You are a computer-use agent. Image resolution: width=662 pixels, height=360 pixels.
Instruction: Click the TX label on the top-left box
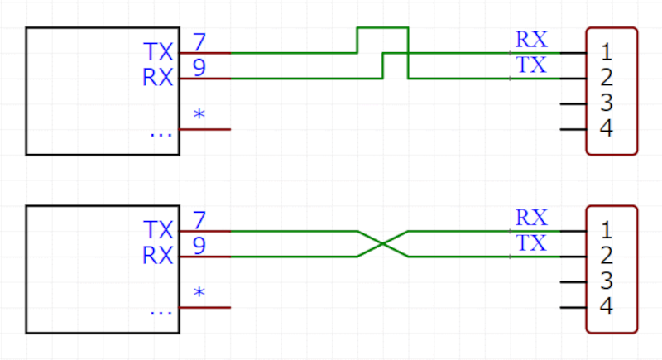coord(158,52)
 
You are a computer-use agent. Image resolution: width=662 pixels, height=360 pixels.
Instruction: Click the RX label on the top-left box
coord(158,79)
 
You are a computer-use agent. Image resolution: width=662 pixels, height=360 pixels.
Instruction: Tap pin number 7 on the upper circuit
coord(199,41)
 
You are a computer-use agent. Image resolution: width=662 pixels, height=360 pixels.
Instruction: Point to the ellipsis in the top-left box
coord(162,132)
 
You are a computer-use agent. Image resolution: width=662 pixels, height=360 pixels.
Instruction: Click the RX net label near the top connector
coord(531,40)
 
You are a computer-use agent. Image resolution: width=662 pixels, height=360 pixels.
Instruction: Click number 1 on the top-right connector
coord(606,52)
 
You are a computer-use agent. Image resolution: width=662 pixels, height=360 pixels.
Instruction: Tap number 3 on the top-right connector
coord(606,104)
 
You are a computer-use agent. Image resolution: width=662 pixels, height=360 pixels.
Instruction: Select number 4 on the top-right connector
coord(606,130)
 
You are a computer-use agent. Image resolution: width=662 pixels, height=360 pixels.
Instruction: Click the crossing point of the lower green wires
coord(383,244)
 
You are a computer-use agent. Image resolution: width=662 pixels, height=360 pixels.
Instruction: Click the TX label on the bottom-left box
coord(158,230)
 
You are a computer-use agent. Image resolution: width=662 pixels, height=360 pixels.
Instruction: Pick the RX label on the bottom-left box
coord(158,257)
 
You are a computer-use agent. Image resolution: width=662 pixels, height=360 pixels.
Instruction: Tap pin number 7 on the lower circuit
coord(199,220)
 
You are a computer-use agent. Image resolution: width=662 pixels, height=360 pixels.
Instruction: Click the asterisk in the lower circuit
coord(199,294)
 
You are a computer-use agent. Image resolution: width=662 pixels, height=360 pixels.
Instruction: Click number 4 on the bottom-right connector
coord(606,308)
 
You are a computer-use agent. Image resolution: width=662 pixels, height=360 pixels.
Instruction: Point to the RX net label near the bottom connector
coord(531,218)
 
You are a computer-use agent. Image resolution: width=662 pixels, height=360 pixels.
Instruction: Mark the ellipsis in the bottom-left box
coord(162,311)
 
